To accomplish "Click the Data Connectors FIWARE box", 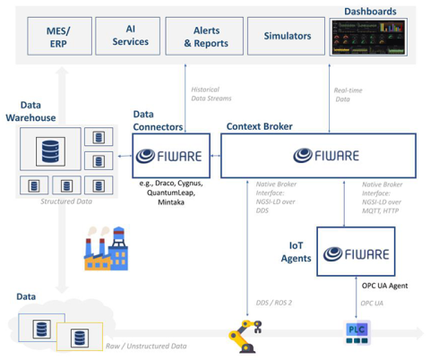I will point(169,155).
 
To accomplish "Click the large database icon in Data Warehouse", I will point(49,150).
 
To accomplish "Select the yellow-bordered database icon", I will point(80,337).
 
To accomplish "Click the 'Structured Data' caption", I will point(67,201).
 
